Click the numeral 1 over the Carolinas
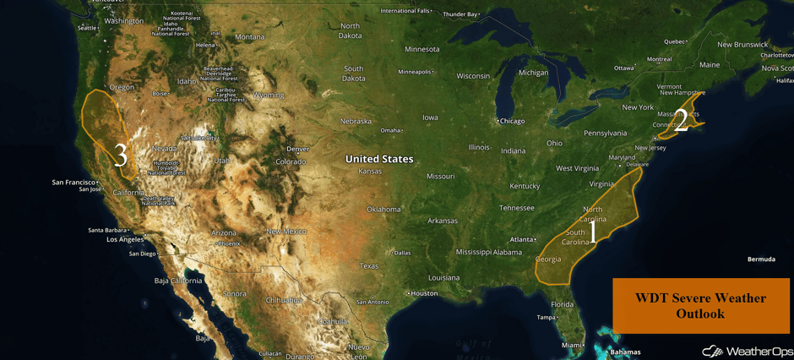(x=592, y=231)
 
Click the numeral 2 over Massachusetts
(x=681, y=121)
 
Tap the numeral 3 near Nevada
(x=121, y=155)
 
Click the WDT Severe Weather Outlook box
(x=700, y=305)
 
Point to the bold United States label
(x=379, y=159)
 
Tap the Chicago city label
(x=511, y=121)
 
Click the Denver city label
(x=297, y=149)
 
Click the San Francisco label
(x=73, y=182)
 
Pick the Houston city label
(x=423, y=293)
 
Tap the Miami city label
(x=571, y=345)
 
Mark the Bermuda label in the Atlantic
(x=760, y=259)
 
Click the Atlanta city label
(x=521, y=239)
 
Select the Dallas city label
(x=401, y=253)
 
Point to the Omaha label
(x=389, y=130)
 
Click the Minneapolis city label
(x=415, y=71)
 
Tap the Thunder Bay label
(x=460, y=14)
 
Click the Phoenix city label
(x=228, y=243)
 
